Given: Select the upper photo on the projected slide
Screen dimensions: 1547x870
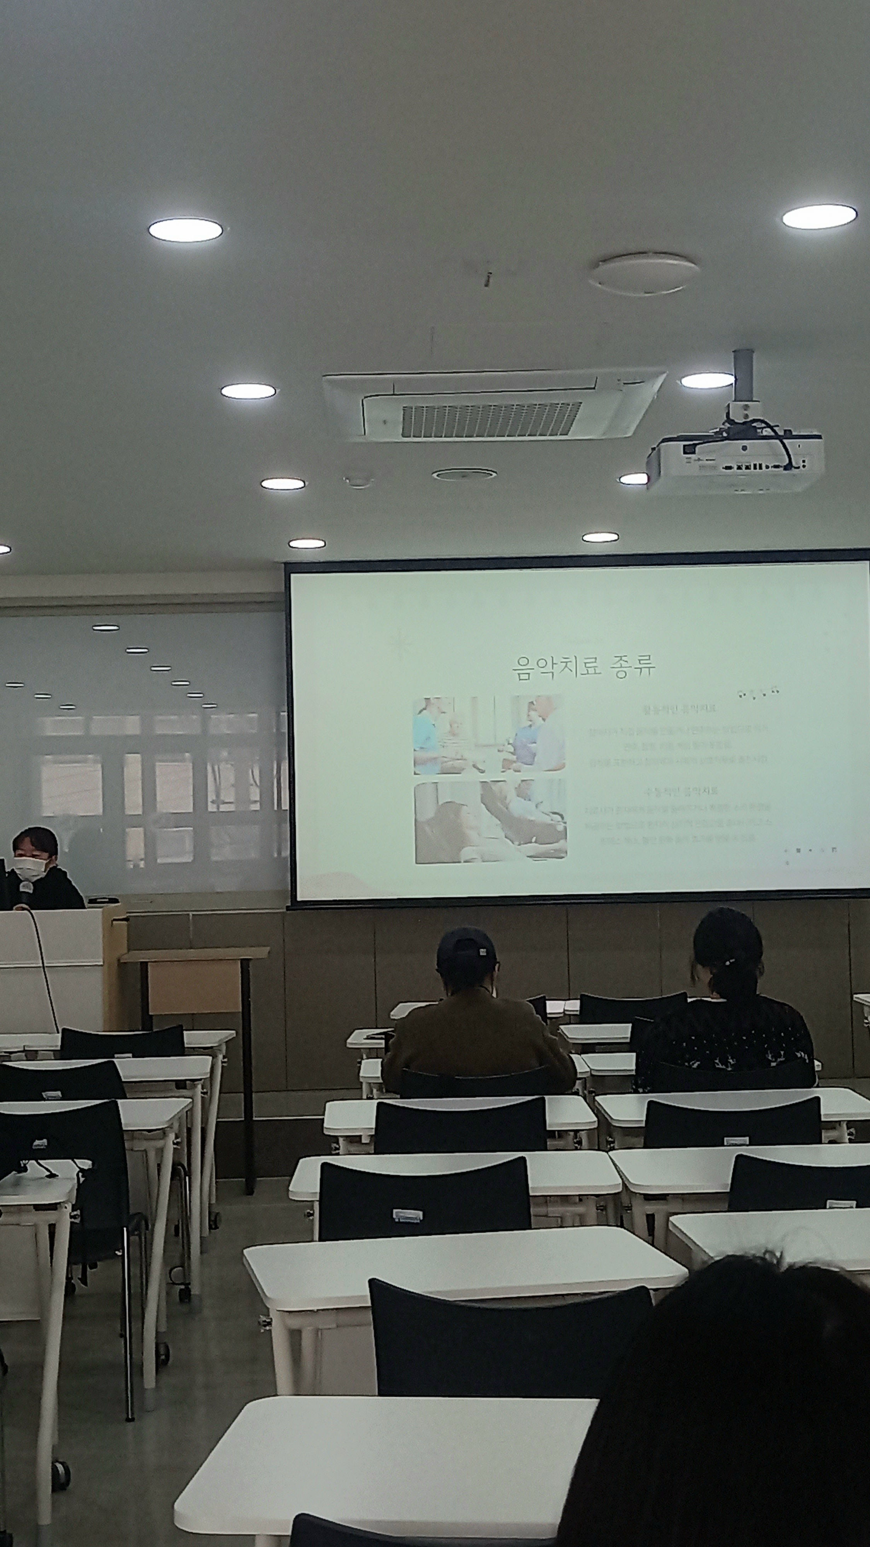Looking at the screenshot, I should (489, 734).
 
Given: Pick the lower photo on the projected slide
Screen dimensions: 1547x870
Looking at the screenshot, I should (490, 821).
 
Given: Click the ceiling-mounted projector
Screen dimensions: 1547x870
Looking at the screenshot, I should (735, 459).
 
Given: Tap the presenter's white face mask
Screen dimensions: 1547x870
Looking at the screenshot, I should (30, 867).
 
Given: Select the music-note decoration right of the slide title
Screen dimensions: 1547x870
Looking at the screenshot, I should (757, 693).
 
